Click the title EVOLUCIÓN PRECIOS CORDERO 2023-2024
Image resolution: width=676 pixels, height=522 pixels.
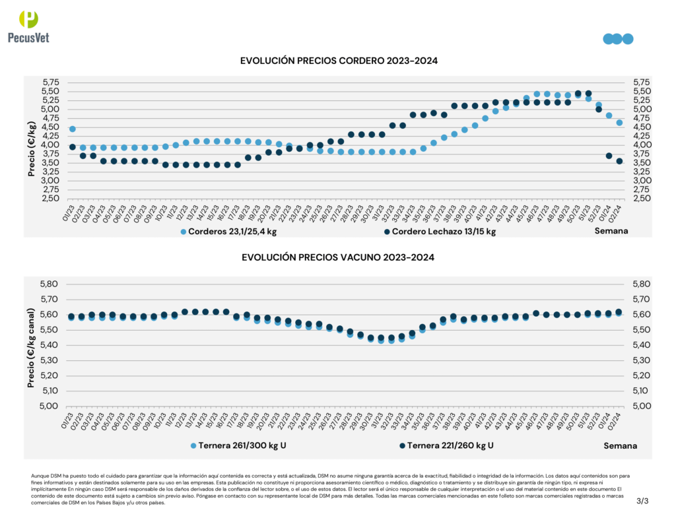tap(339, 61)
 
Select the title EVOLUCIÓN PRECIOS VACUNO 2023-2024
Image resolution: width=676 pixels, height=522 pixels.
tap(338, 257)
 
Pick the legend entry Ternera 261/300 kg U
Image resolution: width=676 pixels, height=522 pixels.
tap(238, 445)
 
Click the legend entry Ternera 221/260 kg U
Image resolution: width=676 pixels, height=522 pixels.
tap(446, 445)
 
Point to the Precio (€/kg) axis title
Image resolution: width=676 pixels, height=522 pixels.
tap(31, 149)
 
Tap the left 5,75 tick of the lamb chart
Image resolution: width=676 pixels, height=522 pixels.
tap(51, 82)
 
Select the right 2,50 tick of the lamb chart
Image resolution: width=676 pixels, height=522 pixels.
tap(642, 198)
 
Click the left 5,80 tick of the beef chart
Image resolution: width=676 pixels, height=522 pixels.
tap(51, 284)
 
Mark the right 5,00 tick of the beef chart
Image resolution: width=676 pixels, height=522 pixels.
tap(642, 406)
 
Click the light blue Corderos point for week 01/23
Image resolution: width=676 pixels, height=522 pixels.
tap(73, 129)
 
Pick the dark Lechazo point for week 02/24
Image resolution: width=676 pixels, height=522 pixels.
tap(619, 161)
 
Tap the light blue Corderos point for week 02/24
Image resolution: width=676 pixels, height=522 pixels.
tap(619, 122)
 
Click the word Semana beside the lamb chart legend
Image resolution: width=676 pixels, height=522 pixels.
tap(611, 231)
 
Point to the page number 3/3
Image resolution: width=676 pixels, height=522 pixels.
tap(642, 502)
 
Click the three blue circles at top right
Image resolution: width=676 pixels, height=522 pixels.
tap(618, 39)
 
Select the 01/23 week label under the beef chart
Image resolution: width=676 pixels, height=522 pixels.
tap(66, 421)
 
